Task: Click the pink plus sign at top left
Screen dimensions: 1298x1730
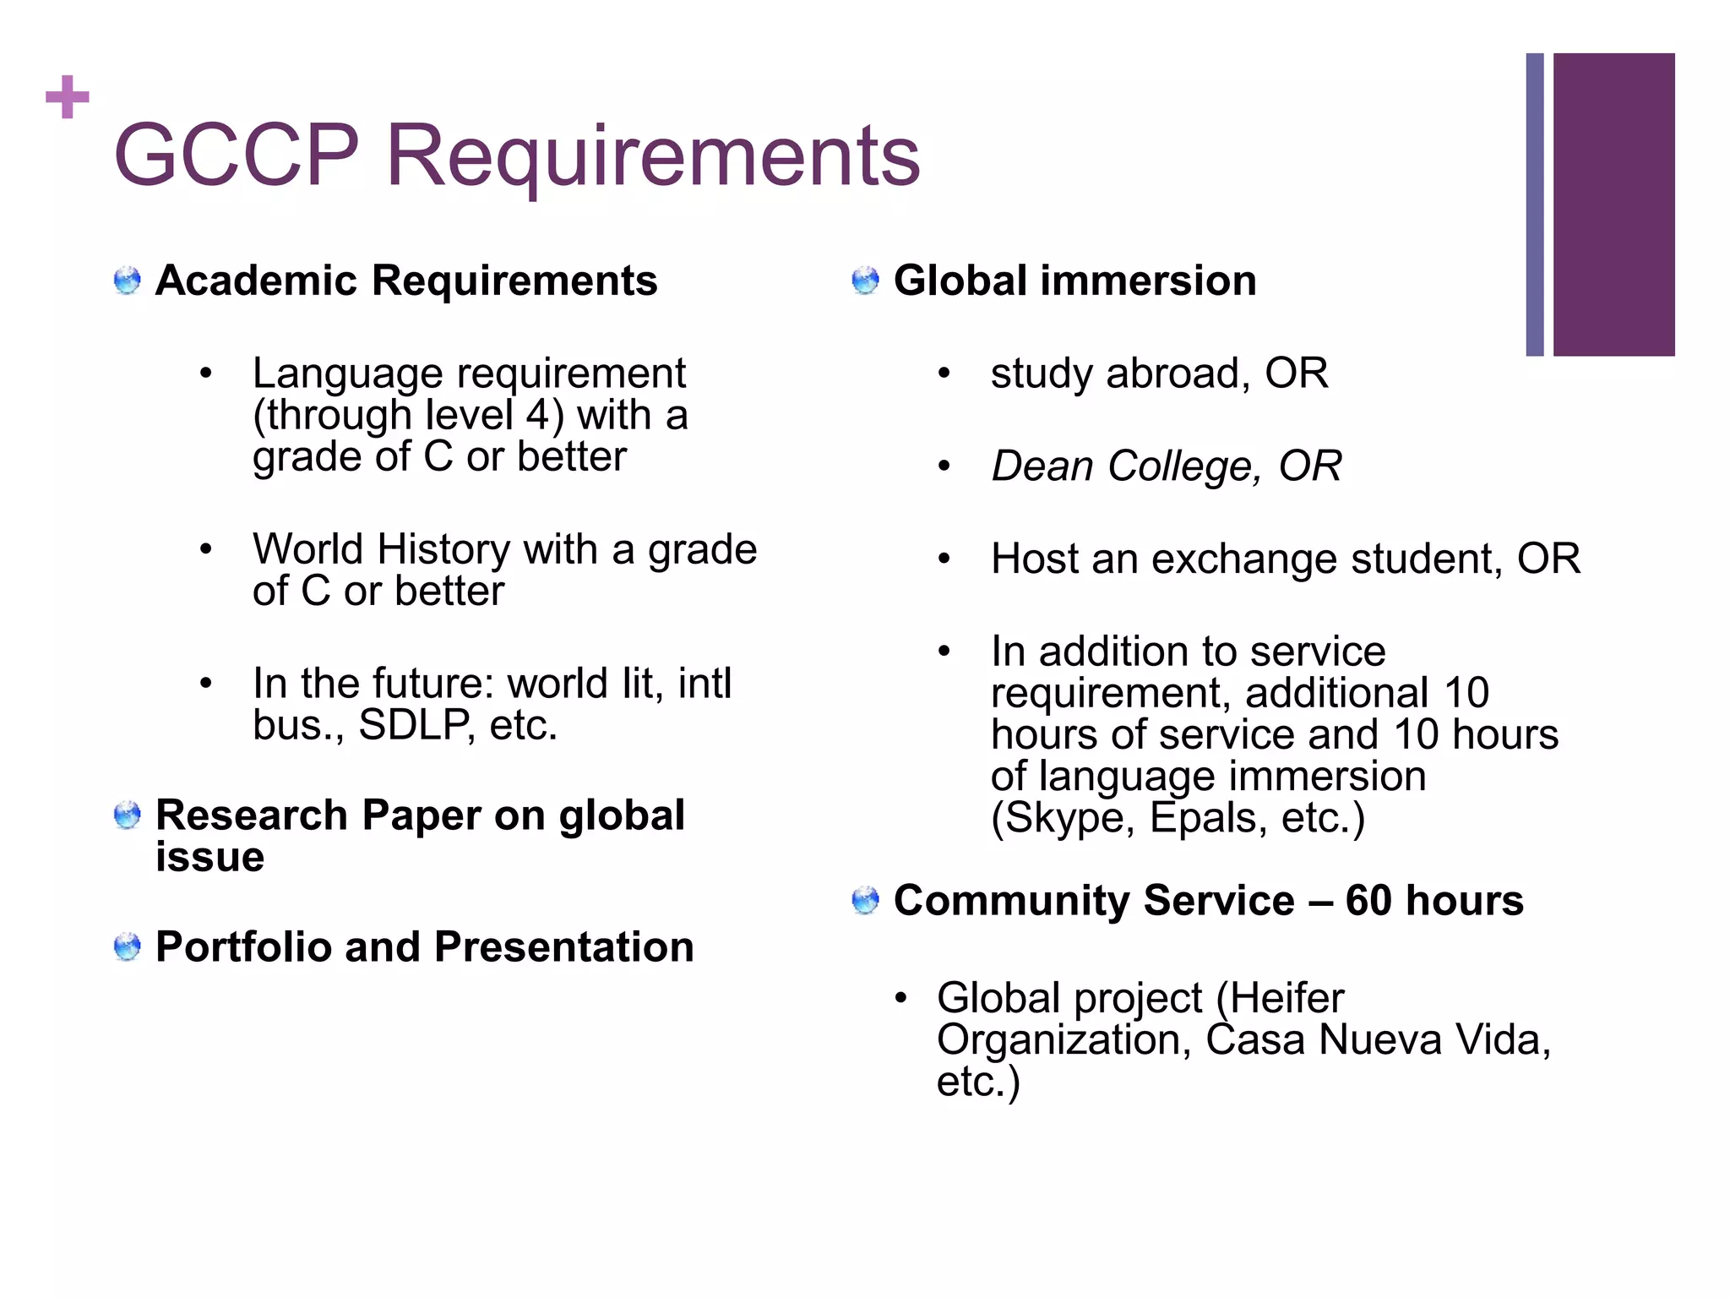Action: tap(67, 97)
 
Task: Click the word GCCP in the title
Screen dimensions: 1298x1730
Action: tap(237, 155)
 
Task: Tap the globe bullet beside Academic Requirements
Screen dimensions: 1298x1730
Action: tap(127, 281)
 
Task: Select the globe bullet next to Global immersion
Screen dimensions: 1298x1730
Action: tap(865, 281)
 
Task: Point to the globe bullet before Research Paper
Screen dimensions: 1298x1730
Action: tap(127, 815)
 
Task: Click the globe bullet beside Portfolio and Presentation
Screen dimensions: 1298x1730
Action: tap(127, 946)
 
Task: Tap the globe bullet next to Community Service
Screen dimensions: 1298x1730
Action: tap(865, 901)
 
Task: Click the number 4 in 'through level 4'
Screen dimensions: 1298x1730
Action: tap(537, 415)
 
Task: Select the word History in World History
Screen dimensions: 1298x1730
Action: tap(443, 549)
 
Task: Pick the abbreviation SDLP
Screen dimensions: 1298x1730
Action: tap(415, 725)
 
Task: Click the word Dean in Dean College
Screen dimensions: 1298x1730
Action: tap(1042, 466)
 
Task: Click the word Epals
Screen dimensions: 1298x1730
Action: tap(1208, 818)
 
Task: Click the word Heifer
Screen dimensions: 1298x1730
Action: tap(1287, 998)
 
